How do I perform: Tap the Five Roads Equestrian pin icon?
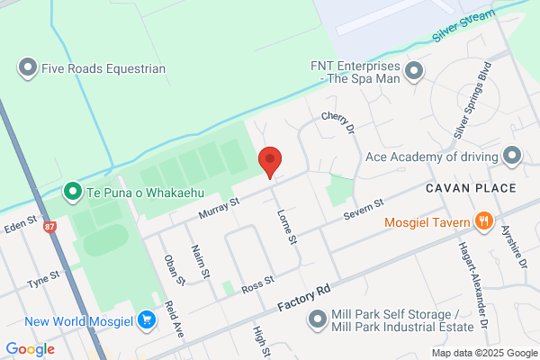click(28, 67)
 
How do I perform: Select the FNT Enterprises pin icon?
click(414, 70)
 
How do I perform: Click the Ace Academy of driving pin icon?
click(512, 157)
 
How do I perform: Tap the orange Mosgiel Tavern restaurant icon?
click(484, 221)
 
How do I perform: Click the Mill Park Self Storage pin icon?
click(317, 319)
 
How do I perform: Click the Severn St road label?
click(364, 211)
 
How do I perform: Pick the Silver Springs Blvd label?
click(472, 100)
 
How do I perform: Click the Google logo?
click(30, 348)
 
